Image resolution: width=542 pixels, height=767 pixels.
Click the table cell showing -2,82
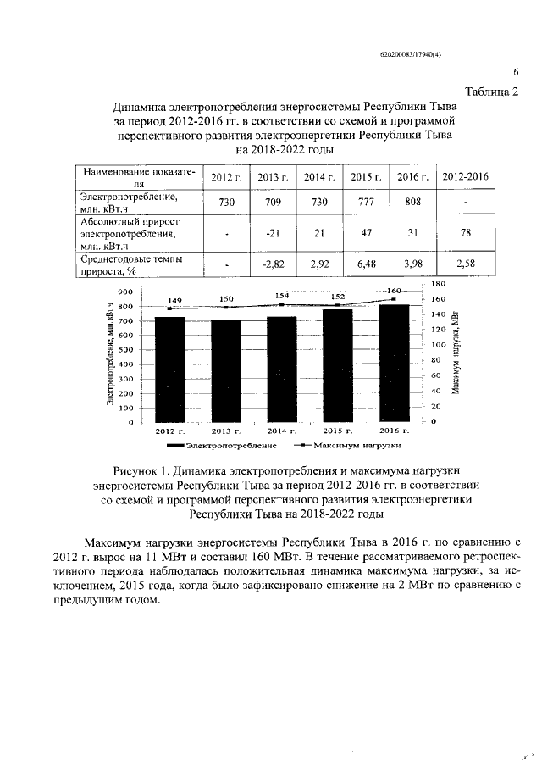click(x=273, y=264)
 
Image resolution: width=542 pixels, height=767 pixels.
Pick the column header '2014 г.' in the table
click(x=320, y=176)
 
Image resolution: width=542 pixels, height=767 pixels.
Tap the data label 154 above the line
click(x=282, y=295)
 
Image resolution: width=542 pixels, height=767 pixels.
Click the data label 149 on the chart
click(x=174, y=300)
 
